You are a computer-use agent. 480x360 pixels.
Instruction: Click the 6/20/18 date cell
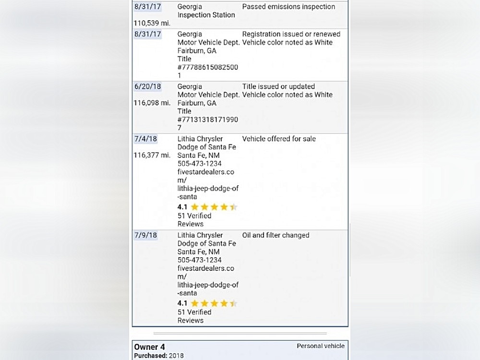point(147,86)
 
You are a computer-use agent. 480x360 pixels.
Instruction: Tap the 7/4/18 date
point(145,139)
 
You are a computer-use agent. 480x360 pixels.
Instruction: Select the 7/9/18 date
point(145,235)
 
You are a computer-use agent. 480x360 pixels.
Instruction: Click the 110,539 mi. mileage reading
point(152,23)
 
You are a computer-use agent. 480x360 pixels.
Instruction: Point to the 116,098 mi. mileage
point(152,103)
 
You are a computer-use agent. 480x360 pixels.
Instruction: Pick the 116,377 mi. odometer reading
point(152,155)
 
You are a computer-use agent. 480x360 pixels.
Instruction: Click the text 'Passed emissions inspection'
point(288,7)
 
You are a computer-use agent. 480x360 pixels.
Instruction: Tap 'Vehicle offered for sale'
point(279,139)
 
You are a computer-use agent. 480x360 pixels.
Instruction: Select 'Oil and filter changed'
point(276,235)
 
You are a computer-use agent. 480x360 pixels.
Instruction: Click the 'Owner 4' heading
point(149,347)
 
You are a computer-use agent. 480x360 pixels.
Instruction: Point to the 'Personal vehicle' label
point(320,346)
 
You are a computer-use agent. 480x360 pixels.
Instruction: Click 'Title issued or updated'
point(278,86)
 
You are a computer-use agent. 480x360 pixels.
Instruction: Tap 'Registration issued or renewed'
point(291,34)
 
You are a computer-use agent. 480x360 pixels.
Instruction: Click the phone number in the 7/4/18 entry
point(200,164)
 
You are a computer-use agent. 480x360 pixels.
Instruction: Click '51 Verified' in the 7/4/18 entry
point(194,216)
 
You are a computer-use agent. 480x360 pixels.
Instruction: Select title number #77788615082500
point(207,67)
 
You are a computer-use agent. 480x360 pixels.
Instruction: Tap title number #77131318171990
point(207,120)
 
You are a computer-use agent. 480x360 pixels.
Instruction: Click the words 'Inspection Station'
point(206,15)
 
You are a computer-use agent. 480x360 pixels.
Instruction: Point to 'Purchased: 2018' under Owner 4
point(158,356)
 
